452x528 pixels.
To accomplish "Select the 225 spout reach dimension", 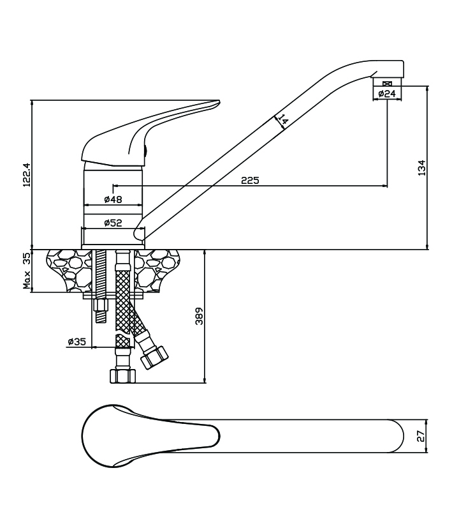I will point(249,181).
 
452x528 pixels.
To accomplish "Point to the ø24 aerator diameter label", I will point(386,94).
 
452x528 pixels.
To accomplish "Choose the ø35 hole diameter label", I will point(77,342).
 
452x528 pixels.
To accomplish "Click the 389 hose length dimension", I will point(199,315).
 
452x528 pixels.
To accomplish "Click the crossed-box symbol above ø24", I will point(387,84).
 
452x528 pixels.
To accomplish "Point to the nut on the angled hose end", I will point(154,356).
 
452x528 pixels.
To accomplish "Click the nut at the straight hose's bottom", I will point(122,375).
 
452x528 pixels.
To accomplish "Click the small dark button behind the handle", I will point(146,151).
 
